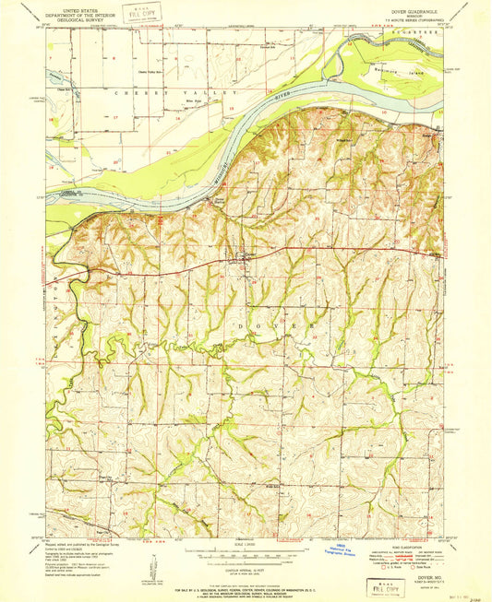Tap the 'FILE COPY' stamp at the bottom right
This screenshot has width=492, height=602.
pos(387,586)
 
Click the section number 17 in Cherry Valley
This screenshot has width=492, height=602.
pos(115,119)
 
